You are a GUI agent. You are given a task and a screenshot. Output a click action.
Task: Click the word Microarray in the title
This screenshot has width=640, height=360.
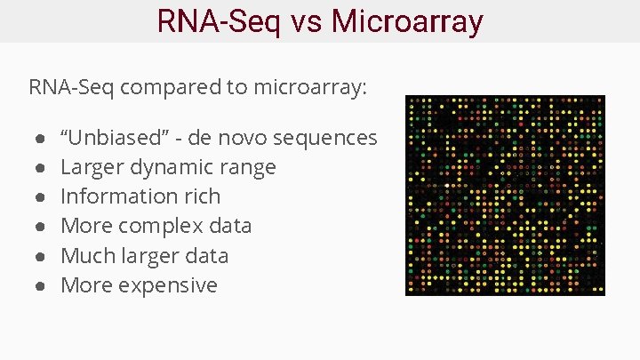pos(407,20)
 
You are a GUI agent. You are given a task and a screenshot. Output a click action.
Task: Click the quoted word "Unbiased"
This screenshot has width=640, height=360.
pos(108,138)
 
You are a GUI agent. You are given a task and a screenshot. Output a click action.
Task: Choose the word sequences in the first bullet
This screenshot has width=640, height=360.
pos(325,138)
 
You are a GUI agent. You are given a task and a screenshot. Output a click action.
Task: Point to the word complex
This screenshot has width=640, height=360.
pos(157,227)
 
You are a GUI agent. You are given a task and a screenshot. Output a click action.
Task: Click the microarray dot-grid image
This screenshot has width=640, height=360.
pos(505,196)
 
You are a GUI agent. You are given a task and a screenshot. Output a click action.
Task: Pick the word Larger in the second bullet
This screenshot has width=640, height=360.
pos(92,168)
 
